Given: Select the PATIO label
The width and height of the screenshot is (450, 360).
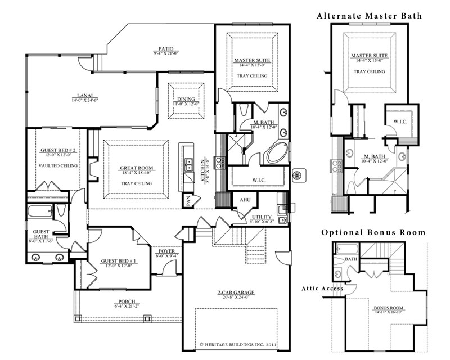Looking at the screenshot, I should pyautogui.click(x=165, y=49).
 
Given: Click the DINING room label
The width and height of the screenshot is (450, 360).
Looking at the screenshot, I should pyautogui.click(x=186, y=99).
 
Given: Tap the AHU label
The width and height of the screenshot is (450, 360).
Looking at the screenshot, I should pyautogui.click(x=245, y=200).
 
